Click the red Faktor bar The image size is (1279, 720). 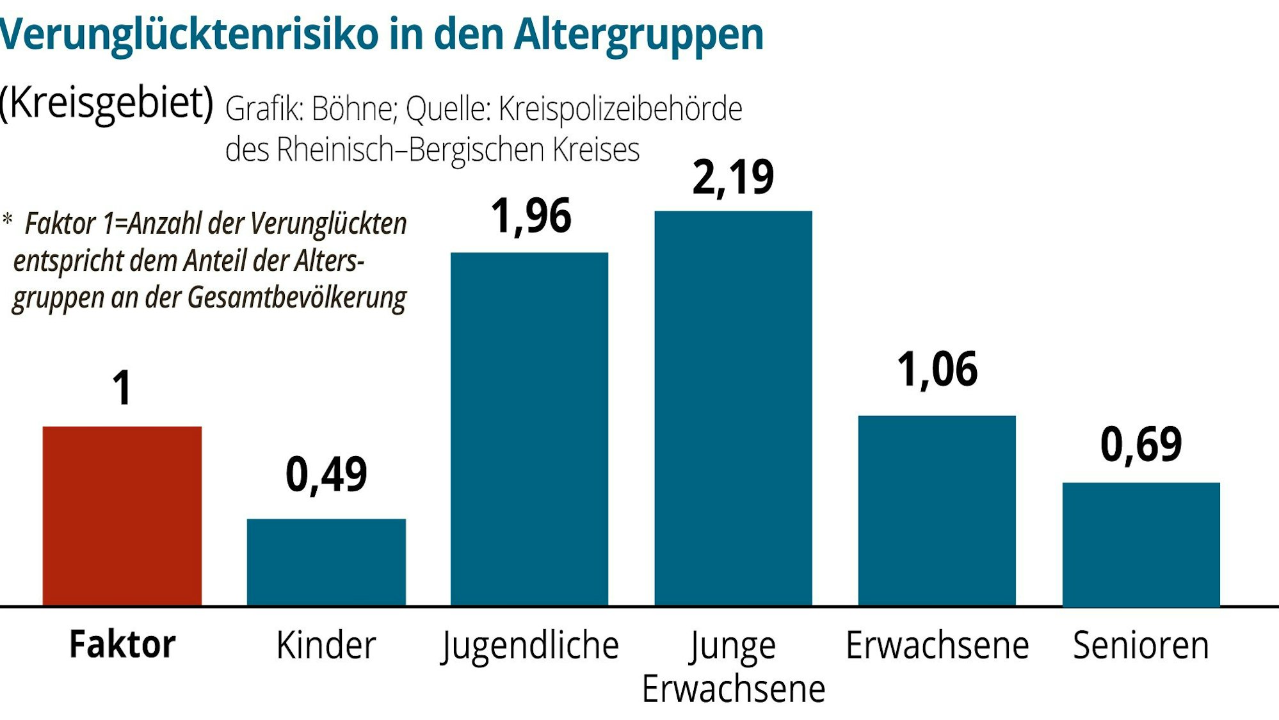tap(122, 516)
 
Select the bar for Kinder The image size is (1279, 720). tap(326, 562)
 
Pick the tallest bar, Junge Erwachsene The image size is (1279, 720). tap(733, 407)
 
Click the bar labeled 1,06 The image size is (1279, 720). tap(937, 510)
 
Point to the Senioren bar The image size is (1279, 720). tap(1141, 544)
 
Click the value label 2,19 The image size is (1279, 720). tap(733, 177)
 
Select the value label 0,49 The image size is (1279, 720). tap(326, 475)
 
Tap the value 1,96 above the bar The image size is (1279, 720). tap(530, 217)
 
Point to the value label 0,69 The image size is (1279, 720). tap(1141, 445)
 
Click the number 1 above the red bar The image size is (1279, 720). tap(122, 388)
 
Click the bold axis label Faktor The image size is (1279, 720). tap(122, 644)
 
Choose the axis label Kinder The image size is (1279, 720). tap(326, 645)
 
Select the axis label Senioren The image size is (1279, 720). tap(1141, 645)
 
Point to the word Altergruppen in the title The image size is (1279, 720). tap(638, 35)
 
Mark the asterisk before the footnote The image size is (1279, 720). tap(7, 220)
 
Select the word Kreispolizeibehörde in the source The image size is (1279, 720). tap(620, 109)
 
